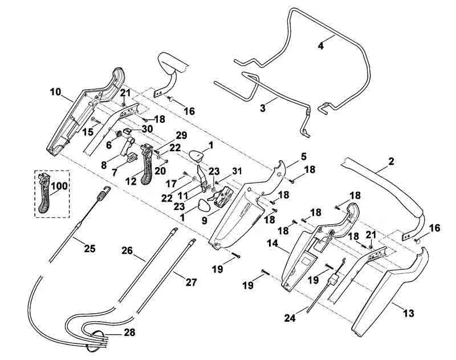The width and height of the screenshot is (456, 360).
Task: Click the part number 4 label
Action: click(320, 46)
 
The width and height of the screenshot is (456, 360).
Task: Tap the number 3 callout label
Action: click(263, 108)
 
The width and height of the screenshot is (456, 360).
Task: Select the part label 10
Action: click(55, 92)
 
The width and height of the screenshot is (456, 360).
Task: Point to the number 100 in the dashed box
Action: click(59, 186)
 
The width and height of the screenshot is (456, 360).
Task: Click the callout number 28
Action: click(129, 333)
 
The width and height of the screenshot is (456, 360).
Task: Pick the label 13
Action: click(409, 313)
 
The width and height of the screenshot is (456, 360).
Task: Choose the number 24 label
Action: click(290, 318)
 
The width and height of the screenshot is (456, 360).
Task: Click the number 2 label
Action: click(391, 161)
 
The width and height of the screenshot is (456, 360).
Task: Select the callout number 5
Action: click(303, 156)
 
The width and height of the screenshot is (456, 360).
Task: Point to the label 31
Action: click(237, 171)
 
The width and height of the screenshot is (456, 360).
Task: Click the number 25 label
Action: click(89, 249)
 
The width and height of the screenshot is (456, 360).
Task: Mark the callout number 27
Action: click(191, 282)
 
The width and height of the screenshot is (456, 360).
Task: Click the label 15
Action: click(88, 132)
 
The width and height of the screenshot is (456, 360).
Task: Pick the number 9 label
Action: click(205, 221)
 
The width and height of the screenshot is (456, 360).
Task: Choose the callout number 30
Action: click(147, 129)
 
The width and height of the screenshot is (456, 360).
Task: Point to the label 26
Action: click(127, 250)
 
